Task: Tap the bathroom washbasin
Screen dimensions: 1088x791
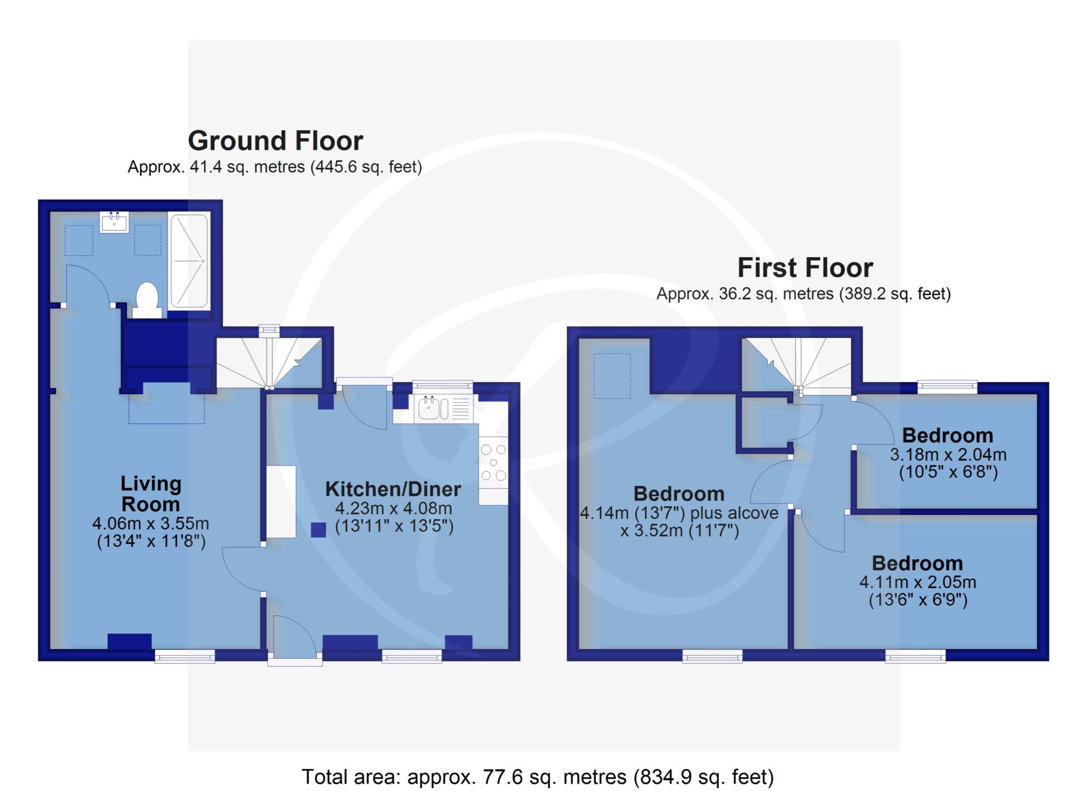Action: tap(115, 222)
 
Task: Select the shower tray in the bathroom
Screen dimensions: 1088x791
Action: tap(189, 261)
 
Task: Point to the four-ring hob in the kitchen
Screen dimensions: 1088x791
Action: tap(494, 462)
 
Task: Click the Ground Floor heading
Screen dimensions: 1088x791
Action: tap(275, 141)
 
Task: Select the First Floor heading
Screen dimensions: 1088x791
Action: tap(805, 267)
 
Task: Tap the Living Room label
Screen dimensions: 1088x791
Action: tap(151, 494)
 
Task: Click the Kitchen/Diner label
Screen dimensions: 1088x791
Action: tap(393, 489)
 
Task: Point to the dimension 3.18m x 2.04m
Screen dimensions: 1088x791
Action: tap(948, 455)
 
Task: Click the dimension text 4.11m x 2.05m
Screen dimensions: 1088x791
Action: tap(917, 582)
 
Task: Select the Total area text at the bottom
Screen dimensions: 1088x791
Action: tap(538, 777)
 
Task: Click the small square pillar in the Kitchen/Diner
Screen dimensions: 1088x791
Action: tap(318, 530)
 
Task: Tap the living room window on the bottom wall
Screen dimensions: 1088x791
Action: tap(185, 657)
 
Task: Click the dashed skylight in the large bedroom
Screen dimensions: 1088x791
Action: tap(612, 376)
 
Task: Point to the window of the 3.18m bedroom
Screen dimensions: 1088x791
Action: tap(948, 387)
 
